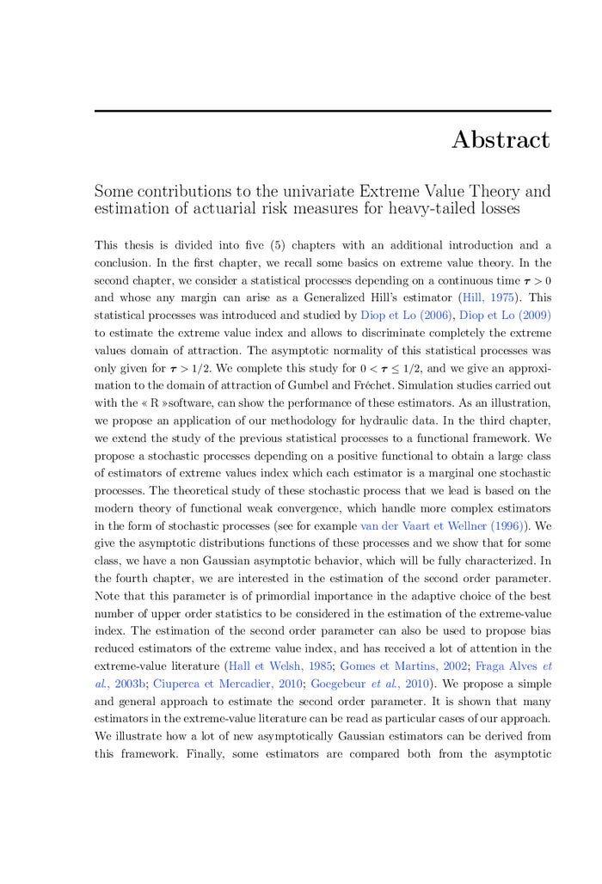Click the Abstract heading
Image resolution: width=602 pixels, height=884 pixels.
click(x=501, y=139)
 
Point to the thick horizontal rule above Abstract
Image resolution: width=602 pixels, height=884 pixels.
click(x=322, y=111)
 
